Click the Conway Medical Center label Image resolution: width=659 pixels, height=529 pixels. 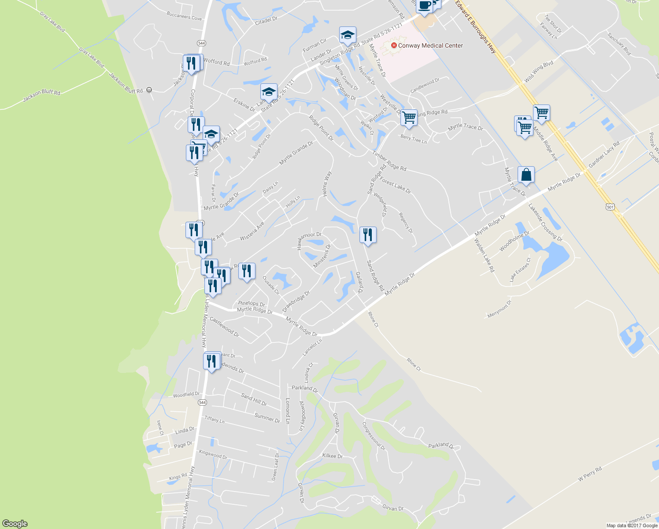tap(430, 45)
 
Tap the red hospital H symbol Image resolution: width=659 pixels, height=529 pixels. tap(394, 45)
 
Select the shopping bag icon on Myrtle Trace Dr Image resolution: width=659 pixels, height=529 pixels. tap(526, 175)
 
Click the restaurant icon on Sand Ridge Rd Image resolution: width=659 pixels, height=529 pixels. tap(368, 235)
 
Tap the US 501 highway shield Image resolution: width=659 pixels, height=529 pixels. tap(610, 206)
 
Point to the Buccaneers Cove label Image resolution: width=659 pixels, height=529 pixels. tap(184, 18)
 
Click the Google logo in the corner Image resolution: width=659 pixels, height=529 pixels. tap(15, 524)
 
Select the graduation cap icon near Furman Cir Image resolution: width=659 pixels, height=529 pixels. tap(348, 35)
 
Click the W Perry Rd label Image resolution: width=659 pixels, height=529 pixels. tap(590, 474)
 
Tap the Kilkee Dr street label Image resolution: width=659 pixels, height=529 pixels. tap(332, 456)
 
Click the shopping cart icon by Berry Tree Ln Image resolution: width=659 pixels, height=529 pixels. tap(409, 118)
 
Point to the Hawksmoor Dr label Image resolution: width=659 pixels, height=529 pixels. tap(310, 241)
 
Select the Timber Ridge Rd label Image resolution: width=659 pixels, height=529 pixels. tap(389, 161)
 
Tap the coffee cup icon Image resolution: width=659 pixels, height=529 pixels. tap(424, 6)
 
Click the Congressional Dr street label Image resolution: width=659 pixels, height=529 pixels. tap(374, 436)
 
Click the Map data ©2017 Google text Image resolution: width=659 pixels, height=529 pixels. tap(632, 525)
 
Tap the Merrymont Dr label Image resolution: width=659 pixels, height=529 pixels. tap(500, 309)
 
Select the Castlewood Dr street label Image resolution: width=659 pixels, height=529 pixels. tap(224, 327)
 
